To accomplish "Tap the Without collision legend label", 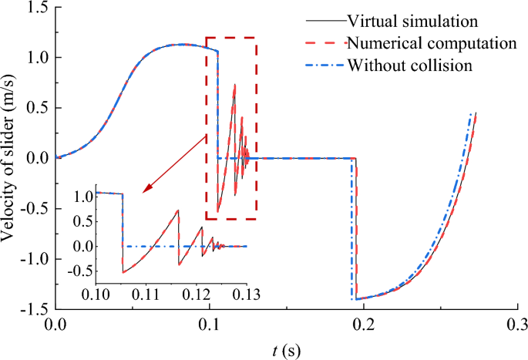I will [x=409, y=65].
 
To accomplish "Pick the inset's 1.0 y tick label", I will [x=81, y=195].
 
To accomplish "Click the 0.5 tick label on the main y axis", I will [x=35, y=108].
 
